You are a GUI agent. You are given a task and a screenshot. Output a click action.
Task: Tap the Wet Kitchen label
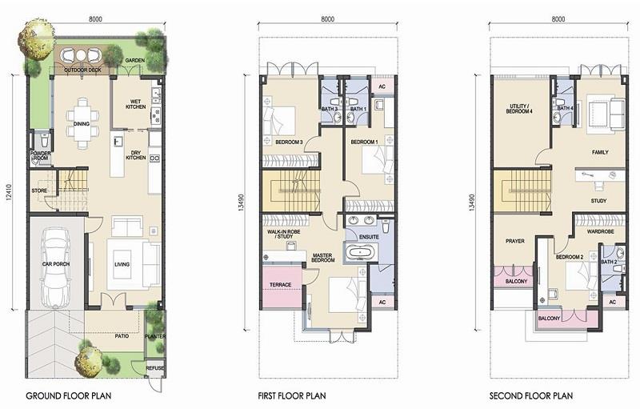135,104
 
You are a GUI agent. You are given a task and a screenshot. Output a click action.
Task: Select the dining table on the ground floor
82,123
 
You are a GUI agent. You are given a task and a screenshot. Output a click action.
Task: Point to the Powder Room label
41,155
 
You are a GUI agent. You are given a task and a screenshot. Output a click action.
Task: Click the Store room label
39,190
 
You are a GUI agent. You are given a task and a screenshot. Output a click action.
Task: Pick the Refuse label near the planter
155,367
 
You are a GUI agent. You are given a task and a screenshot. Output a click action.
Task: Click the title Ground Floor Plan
68,395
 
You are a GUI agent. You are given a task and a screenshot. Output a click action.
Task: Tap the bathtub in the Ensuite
361,252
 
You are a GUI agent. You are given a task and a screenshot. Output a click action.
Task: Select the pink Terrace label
281,284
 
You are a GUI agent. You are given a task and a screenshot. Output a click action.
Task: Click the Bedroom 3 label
289,142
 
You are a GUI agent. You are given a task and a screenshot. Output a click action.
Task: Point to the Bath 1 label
358,109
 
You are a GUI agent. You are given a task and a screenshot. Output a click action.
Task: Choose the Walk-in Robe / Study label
284,234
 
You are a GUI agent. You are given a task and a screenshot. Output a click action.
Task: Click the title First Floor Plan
292,395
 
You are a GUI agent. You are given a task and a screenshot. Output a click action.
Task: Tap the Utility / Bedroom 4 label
519,109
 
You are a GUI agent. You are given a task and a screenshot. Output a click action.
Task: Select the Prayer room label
515,241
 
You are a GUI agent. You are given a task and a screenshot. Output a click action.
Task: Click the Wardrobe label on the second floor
601,231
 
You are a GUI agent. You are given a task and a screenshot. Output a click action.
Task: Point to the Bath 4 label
566,108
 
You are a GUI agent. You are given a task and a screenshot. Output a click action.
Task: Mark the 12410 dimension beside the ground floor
10,192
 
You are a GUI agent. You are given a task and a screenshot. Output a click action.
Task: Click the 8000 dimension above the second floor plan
558,19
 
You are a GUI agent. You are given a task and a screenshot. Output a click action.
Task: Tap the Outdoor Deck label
83,70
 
